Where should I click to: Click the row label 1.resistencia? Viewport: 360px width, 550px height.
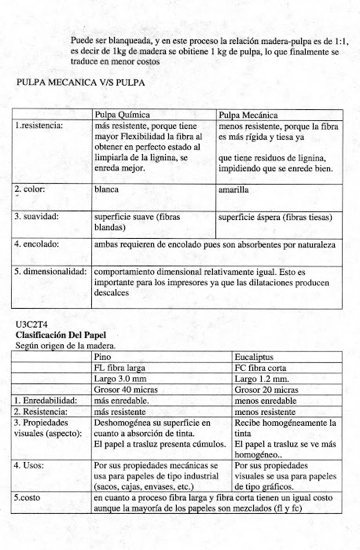click(39, 124)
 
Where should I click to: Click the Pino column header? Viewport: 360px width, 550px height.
click(103, 356)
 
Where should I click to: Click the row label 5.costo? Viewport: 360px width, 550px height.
click(31, 497)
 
